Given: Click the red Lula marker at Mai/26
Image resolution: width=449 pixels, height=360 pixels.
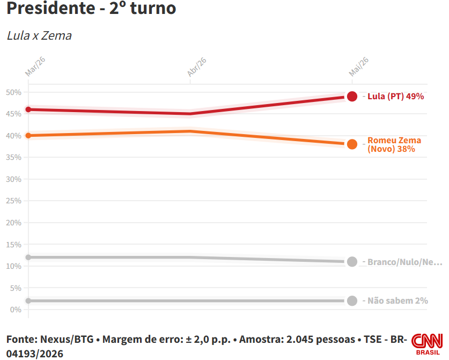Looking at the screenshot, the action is pyautogui.click(x=352, y=97).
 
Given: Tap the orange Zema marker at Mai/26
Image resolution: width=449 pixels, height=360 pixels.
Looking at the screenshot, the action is pyautogui.click(x=352, y=144).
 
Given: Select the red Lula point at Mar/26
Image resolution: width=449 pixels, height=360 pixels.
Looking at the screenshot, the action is pyautogui.click(x=28, y=109).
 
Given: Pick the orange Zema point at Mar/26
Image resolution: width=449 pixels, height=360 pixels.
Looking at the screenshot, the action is pyautogui.click(x=28, y=135).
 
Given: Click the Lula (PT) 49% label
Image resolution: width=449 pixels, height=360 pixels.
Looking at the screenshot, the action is pyautogui.click(x=395, y=97).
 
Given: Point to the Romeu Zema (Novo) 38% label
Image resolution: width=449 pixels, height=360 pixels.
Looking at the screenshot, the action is pyautogui.click(x=394, y=145).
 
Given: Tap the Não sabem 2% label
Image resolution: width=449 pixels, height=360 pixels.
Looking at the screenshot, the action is pyautogui.click(x=398, y=301).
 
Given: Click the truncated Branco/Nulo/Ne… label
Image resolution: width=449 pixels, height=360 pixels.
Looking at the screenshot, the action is pyautogui.click(x=404, y=262).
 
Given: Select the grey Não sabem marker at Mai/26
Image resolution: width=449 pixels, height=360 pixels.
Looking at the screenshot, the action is pyautogui.click(x=352, y=301).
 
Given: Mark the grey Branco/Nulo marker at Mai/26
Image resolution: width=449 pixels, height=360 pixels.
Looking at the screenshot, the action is pyautogui.click(x=352, y=261).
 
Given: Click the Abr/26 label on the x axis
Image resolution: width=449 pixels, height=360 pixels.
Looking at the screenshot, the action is pyautogui.click(x=197, y=67).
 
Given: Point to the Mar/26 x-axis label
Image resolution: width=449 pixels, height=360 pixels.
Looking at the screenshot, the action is pyautogui.click(x=35, y=67).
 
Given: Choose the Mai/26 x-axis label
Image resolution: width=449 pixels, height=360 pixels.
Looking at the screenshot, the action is pyautogui.click(x=358, y=67).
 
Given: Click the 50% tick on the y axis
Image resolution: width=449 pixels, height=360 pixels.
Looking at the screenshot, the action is pyautogui.click(x=14, y=92).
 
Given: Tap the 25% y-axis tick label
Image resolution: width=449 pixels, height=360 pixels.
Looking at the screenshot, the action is pyautogui.click(x=14, y=201).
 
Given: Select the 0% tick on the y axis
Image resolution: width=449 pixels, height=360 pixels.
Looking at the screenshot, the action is pyautogui.click(x=16, y=310).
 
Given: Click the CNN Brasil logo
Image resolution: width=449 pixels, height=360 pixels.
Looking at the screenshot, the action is pyautogui.click(x=427, y=344).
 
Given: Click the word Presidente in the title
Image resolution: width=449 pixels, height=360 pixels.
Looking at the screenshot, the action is pyautogui.click(x=50, y=8).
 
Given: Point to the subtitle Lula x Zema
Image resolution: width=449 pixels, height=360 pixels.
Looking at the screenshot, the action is pyautogui.click(x=39, y=36).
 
